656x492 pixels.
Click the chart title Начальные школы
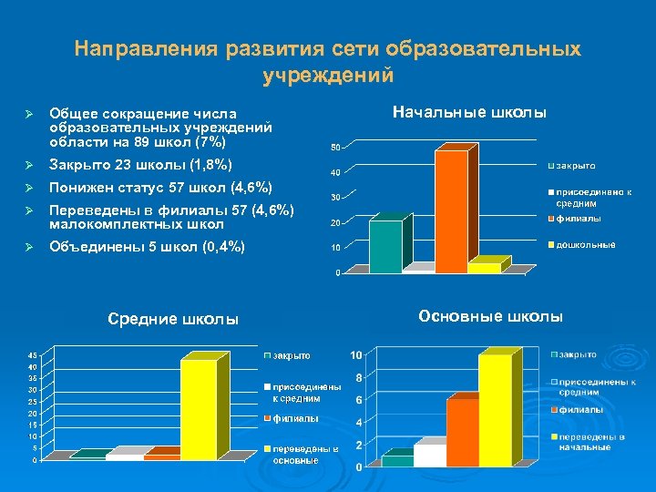pyautogui.click(x=469, y=112)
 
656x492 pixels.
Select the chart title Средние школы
pyautogui.click(x=173, y=319)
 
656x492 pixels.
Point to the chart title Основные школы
pyautogui.click(x=490, y=316)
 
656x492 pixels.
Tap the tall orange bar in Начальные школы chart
pyautogui.click(x=449, y=210)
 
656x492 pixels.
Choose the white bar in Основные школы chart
pyautogui.click(x=429, y=454)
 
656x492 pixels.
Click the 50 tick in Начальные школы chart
pyautogui.click(x=335, y=148)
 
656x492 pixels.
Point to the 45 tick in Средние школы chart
pyautogui.click(x=32, y=354)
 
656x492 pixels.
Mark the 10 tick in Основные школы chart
pyautogui.click(x=357, y=354)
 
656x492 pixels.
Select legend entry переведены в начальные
pyautogui.click(x=591, y=442)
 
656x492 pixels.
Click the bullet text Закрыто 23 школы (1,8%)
pyautogui.click(x=140, y=165)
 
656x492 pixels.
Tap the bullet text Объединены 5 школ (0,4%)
pyautogui.click(x=146, y=246)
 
